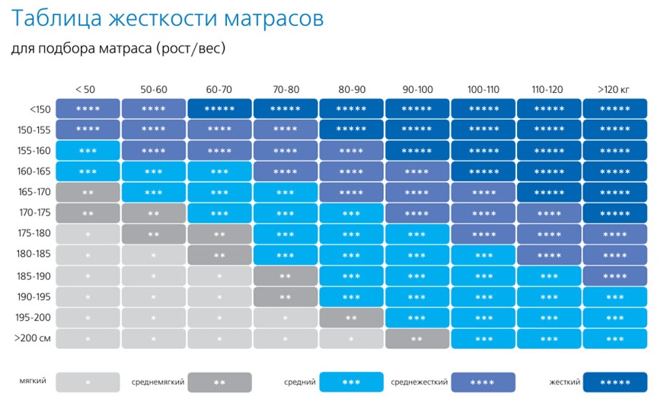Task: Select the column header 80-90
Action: [x=351, y=90]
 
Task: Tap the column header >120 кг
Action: [x=615, y=90]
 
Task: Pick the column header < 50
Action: [x=87, y=90]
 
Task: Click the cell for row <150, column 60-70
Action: [x=219, y=109]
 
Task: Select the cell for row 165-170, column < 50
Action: [x=88, y=192]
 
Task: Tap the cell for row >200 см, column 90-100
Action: [x=417, y=338]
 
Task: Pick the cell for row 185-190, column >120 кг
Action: [x=615, y=276]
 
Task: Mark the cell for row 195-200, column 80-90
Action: [x=351, y=318]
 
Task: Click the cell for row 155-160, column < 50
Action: [x=88, y=151]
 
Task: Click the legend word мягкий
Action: [x=33, y=380]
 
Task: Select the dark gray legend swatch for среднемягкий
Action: [x=219, y=382]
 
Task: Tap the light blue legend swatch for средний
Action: [x=351, y=382]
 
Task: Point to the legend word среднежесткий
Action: [x=419, y=381]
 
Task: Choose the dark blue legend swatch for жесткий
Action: [x=615, y=382]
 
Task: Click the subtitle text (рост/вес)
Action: [x=190, y=49]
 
